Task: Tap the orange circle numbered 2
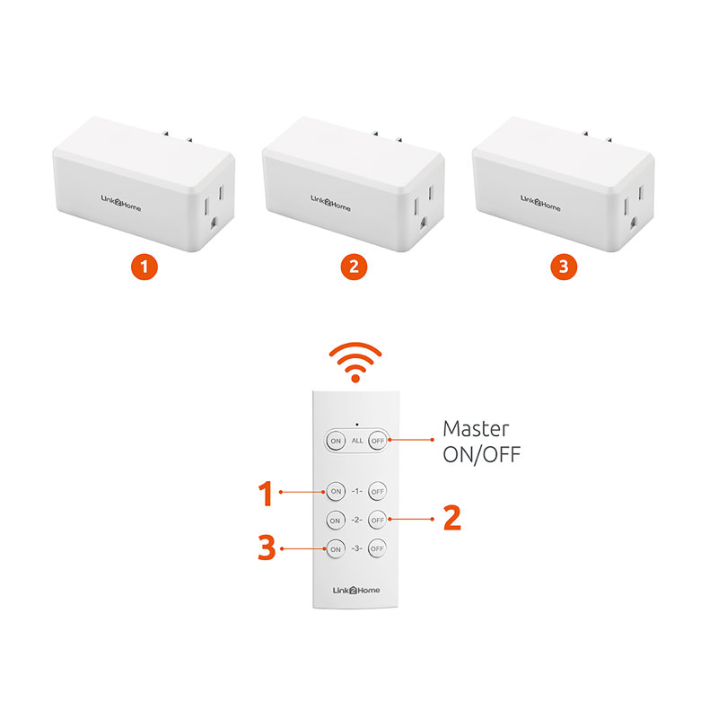[354, 267]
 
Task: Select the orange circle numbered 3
[563, 267]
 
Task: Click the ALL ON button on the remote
[336, 441]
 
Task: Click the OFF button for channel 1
[377, 492]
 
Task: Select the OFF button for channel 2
[377, 520]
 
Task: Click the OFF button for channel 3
[377, 548]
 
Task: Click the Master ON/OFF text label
[482, 441]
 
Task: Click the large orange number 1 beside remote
[266, 493]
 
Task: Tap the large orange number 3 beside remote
[267, 548]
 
